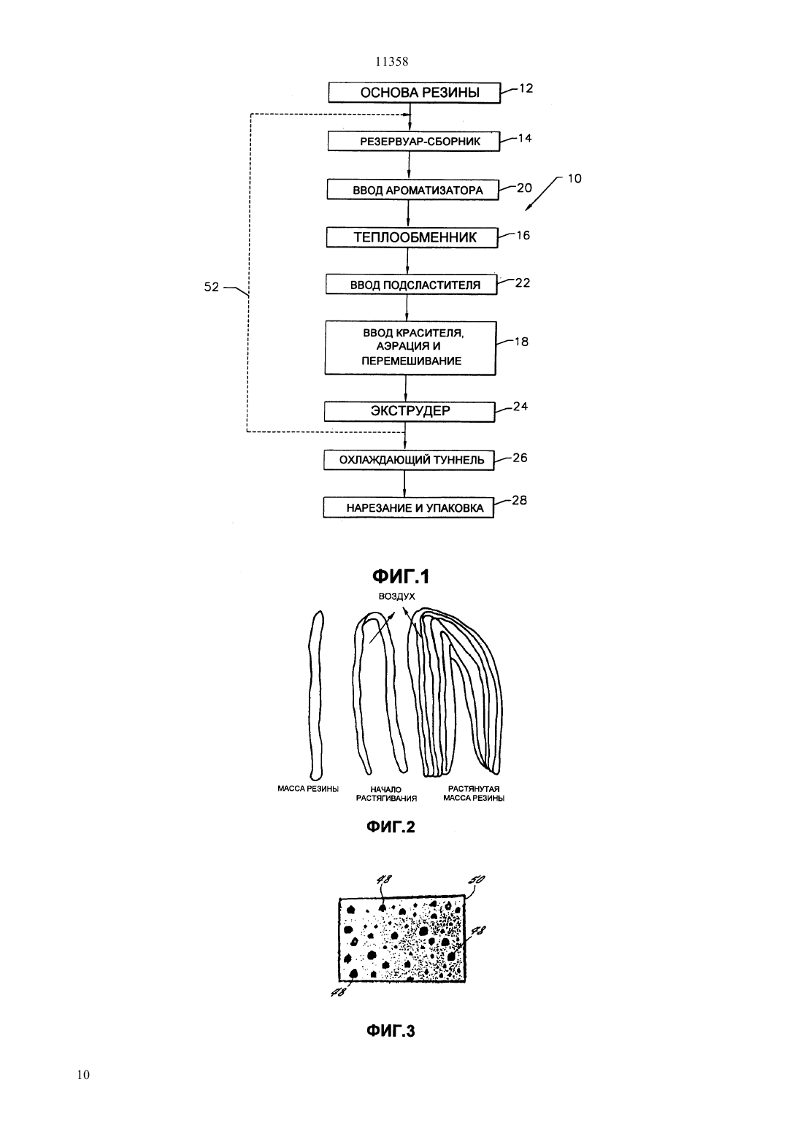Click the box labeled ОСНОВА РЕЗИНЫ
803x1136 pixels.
(x=414, y=93)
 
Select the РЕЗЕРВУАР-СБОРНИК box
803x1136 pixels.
(x=414, y=141)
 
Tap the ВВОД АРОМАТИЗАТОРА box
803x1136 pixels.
(x=412, y=190)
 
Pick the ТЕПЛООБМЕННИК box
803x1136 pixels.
(x=412, y=237)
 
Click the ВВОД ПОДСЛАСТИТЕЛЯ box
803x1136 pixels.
(x=411, y=285)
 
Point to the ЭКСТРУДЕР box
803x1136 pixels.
(x=410, y=411)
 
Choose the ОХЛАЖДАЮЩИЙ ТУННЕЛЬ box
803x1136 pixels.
(x=409, y=460)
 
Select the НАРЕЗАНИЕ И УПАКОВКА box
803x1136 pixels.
(x=409, y=507)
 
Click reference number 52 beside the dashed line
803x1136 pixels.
(x=212, y=287)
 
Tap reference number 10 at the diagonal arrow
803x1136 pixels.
(x=575, y=179)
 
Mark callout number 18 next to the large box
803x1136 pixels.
(x=521, y=342)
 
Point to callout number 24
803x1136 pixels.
(x=520, y=406)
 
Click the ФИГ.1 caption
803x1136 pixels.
(x=401, y=576)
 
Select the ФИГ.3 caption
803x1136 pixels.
(x=391, y=1031)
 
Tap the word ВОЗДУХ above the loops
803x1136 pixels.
(x=396, y=596)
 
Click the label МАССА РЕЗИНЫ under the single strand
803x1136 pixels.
(x=308, y=788)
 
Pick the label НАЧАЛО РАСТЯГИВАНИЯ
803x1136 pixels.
(x=386, y=794)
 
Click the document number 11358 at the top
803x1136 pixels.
(x=392, y=62)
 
